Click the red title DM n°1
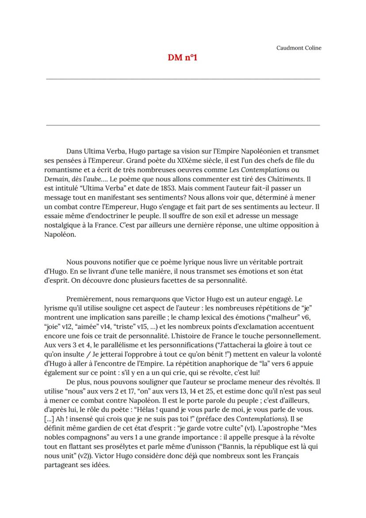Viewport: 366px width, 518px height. (x=183, y=58)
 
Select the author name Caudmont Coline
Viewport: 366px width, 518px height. (x=299, y=48)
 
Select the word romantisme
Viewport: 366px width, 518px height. (x=62, y=169)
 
